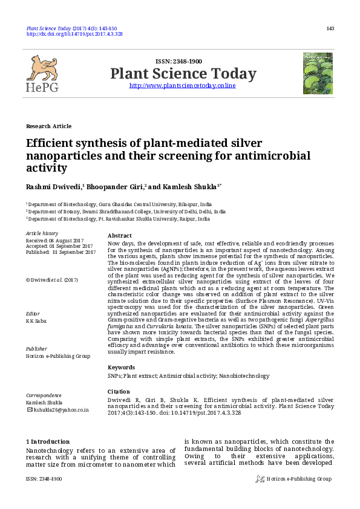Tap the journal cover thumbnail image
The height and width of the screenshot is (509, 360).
(x=318, y=73)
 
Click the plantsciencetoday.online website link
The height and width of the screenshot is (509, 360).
(x=183, y=86)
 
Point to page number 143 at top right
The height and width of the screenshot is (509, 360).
(x=330, y=28)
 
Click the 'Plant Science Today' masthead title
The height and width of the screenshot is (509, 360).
(x=183, y=74)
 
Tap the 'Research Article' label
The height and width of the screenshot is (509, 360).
(x=48, y=126)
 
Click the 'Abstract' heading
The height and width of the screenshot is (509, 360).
(x=119, y=236)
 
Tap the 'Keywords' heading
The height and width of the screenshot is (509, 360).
(x=122, y=367)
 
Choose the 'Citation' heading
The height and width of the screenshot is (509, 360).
(x=119, y=392)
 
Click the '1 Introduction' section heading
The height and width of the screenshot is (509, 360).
(x=48, y=442)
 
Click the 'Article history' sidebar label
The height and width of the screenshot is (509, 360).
(x=42, y=233)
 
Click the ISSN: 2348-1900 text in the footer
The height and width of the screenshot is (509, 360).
(x=44, y=479)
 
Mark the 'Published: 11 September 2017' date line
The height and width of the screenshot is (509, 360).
(x=61, y=252)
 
